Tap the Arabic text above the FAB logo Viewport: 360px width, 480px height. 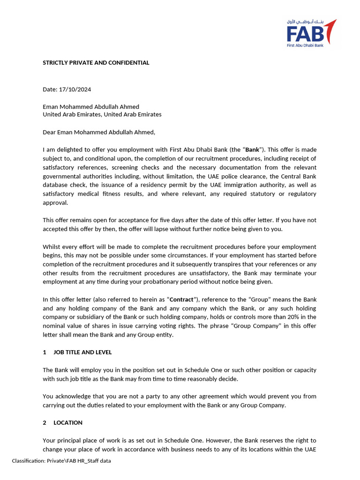click(x=305, y=22)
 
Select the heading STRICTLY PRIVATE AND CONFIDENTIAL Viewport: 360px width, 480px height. click(x=96, y=62)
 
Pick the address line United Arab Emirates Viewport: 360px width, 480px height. click(x=102, y=114)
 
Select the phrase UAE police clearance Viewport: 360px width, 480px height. click(x=232, y=176)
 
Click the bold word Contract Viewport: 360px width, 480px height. click(x=181, y=300)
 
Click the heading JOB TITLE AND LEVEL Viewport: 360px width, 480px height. click(x=82, y=352)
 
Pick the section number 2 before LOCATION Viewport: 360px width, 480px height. click(x=45, y=423)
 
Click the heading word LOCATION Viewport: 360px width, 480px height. click(x=68, y=423)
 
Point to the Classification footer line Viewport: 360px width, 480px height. click(x=61, y=461)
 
